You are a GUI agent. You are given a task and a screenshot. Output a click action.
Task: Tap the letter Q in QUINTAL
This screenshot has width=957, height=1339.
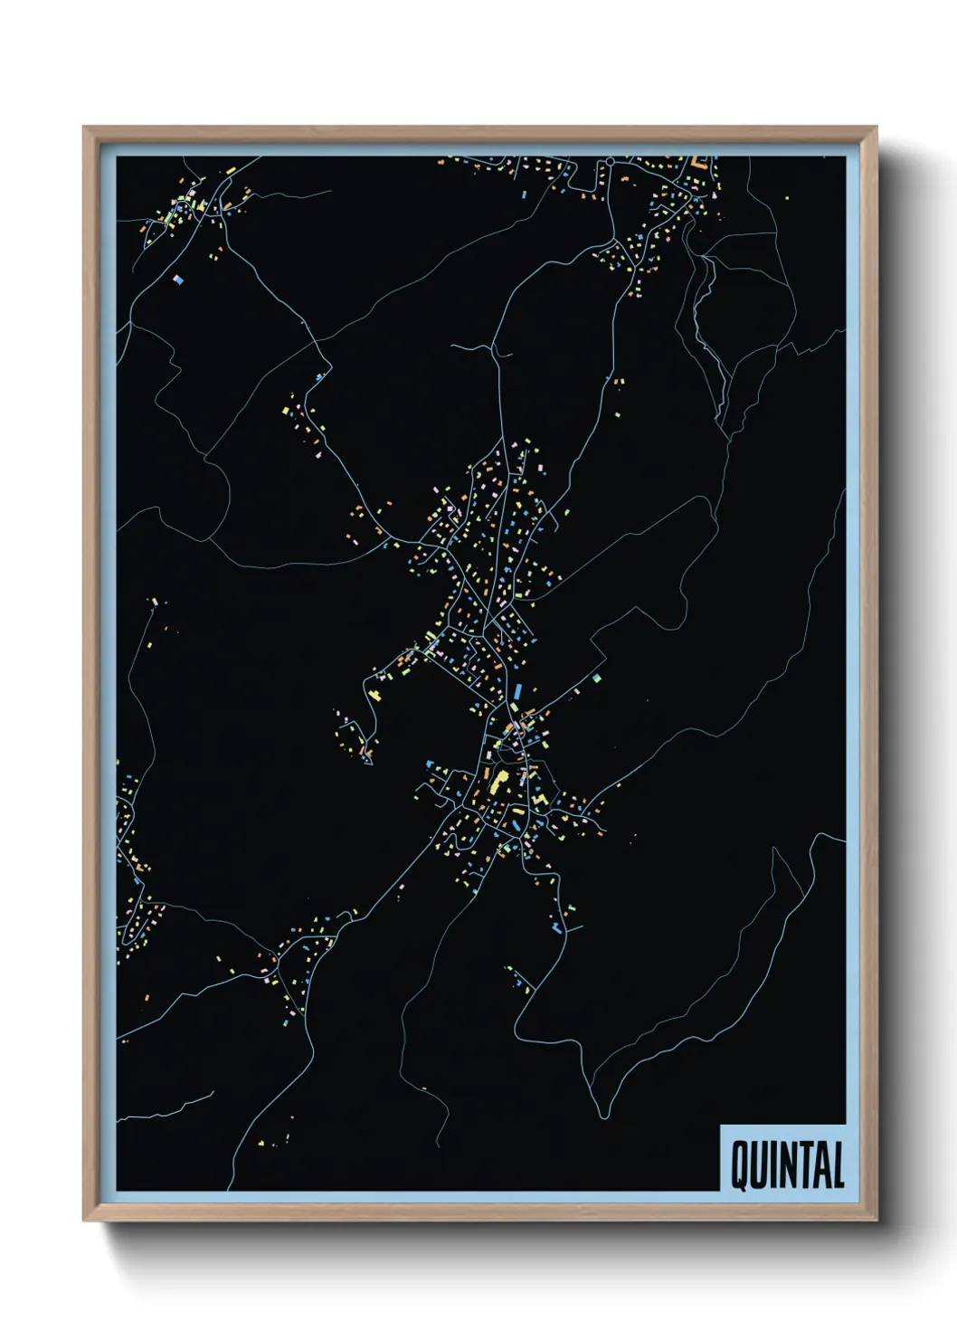coord(740,1166)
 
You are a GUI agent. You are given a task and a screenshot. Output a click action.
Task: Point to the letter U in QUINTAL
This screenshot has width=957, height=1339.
coord(760,1166)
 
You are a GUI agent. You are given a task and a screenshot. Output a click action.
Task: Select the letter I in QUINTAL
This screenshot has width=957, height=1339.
coord(774,1166)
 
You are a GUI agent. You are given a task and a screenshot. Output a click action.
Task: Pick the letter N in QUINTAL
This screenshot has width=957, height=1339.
coord(788,1166)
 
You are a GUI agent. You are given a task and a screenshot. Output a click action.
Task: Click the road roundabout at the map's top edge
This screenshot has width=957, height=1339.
coord(611,161)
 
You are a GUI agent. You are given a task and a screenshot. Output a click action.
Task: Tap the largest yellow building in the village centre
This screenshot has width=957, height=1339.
coord(497,781)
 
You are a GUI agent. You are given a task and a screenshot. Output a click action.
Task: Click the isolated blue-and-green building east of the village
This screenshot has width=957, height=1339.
coord(597,676)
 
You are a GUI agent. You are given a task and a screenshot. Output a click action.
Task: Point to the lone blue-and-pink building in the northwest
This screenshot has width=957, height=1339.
coord(178,280)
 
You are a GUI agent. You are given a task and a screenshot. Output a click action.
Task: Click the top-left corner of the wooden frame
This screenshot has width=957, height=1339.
coord(85,128)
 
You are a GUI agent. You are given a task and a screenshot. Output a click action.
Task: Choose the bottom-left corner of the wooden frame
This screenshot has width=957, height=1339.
coord(85,1220)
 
